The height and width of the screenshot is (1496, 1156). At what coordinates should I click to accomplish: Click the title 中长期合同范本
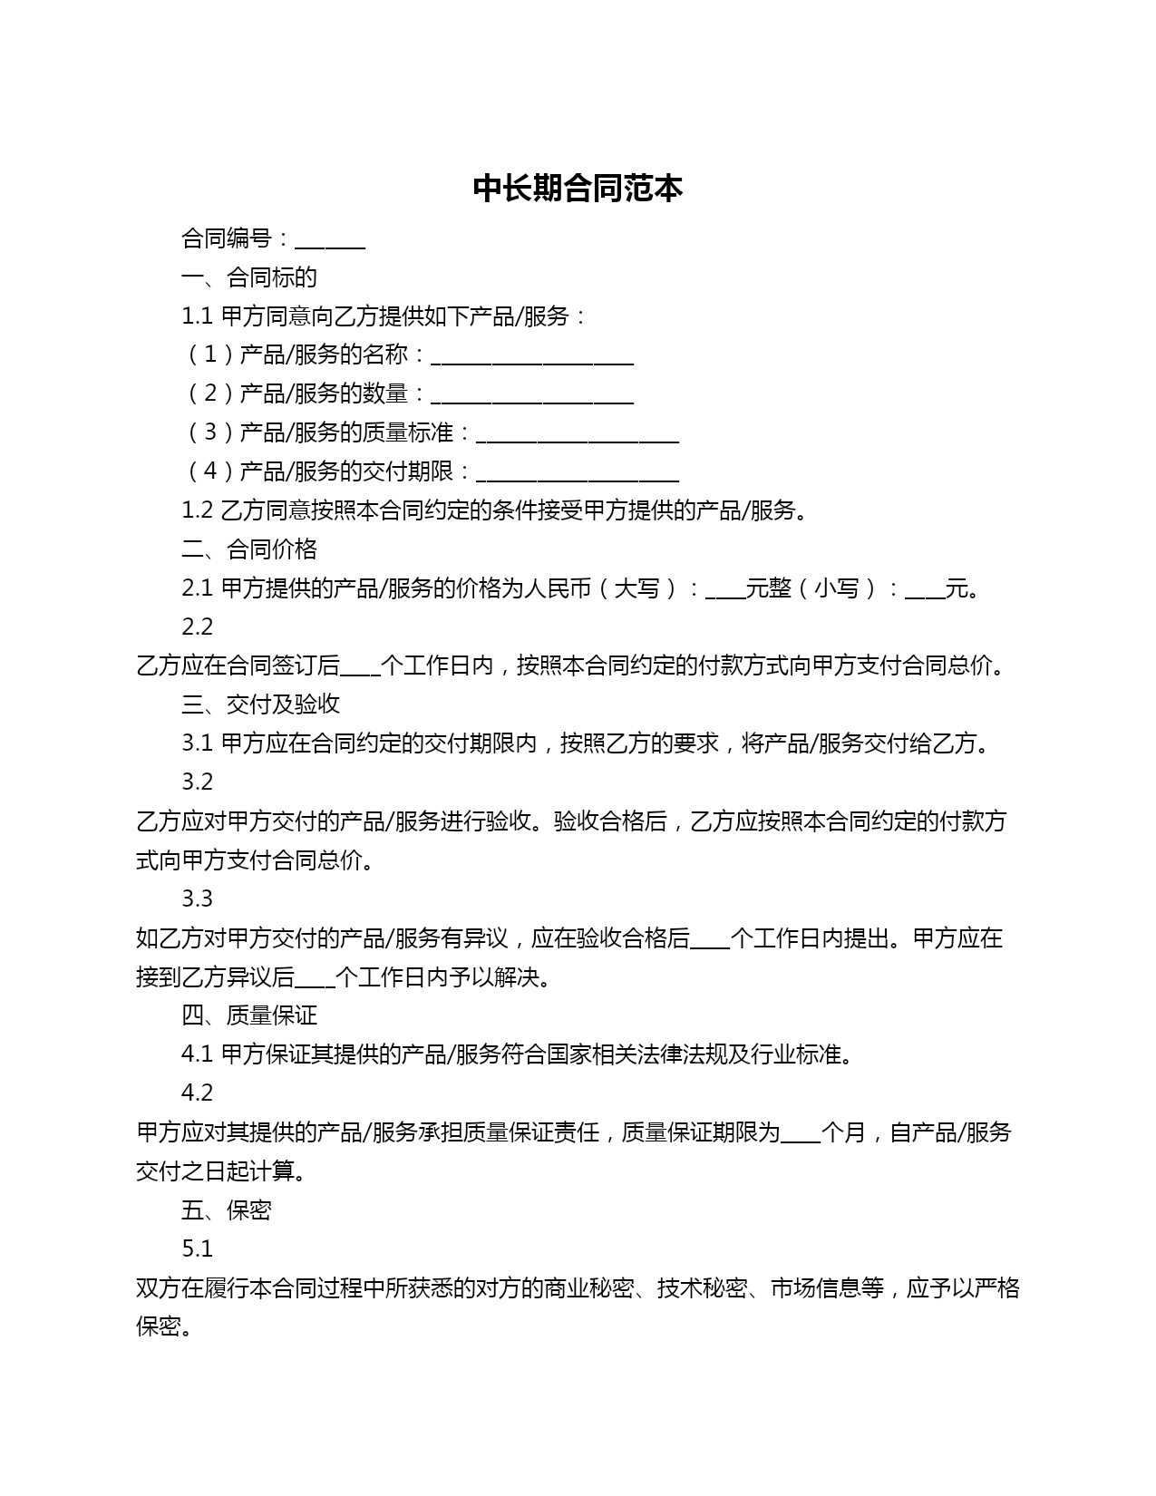tap(578, 189)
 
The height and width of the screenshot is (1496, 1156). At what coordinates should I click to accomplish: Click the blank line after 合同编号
tap(330, 241)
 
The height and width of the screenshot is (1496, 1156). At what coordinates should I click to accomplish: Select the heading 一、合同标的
tap(249, 277)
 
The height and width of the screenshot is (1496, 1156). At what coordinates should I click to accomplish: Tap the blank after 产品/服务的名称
tap(532, 356)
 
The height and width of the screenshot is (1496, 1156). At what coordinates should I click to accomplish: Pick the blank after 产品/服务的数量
tap(532, 395)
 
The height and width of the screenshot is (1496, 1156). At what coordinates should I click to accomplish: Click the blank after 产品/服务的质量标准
tap(578, 434)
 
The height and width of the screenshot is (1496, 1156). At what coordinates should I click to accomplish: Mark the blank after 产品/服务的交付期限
tap(578, 473)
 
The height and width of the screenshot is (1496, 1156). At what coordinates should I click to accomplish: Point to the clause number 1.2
tap(197, 510)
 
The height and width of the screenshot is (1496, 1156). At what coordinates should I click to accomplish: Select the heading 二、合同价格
tap(249, 549)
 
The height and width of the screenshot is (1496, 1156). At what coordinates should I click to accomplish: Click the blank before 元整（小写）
tap(724, 590)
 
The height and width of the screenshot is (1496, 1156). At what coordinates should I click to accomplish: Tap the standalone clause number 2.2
tap(197, 627)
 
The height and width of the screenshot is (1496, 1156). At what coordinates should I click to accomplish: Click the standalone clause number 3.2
tap(197, 782)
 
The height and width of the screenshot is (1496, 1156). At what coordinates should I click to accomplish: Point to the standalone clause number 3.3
tap(197, 899)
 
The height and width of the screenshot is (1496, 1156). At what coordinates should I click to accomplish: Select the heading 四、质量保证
tap(249, 1015)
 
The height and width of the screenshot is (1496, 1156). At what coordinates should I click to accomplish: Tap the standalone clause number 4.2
tap(197, 1093)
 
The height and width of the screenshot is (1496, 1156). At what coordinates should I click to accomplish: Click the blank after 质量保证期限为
tap(800, 1134)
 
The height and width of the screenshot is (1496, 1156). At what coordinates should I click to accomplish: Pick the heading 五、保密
tap(227, 1210)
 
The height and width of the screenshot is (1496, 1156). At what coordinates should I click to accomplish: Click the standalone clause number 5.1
tap(197, 1248)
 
